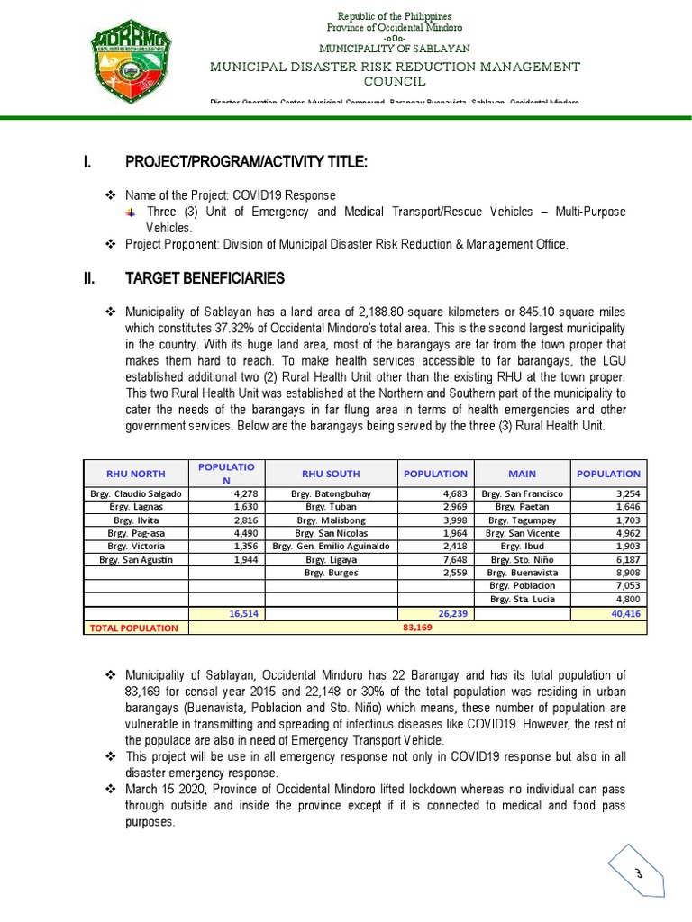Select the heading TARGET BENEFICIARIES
pyautogui.click(x=205, y=277)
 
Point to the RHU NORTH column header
pyautogui.click(x=135, y=473)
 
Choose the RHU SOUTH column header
pyautogui.click(x=332, y=473)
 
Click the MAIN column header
pyautogui.click(x=522, y=473)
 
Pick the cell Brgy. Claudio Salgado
pyautogui.click(x=135, y=493)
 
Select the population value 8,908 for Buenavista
pyautogui.click(x=621, y=572)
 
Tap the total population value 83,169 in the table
pyautogui.click(x=418, y=628)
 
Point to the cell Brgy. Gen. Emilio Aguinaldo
pyautogui.click(x=332, y=546)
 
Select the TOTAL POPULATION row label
pyautogui.click(x=133, y=628)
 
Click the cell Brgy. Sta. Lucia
pyautogui.click(x=523, y=598)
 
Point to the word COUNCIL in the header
pyautogui.click(x=396, y=82)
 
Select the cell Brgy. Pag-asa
pyautogui.click(x=135, y=532)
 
